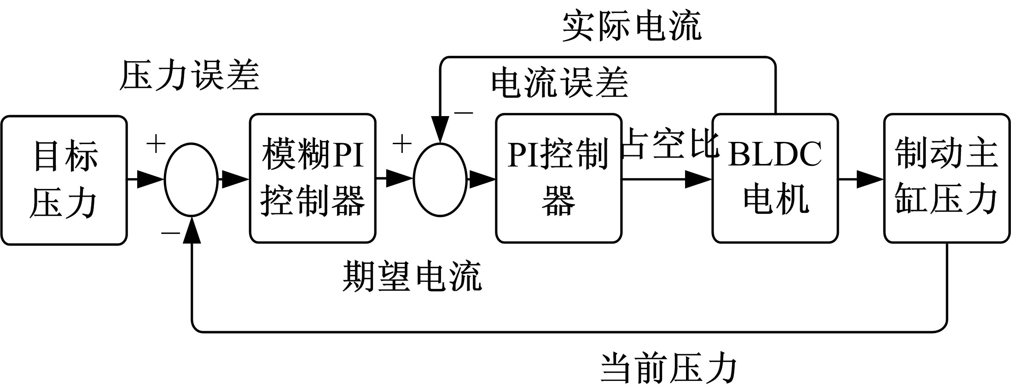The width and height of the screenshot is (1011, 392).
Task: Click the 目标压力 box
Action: pyautogui.click(x=64, y=180)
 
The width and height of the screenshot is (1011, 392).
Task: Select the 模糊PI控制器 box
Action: pyautogui.click(x=313, y=178)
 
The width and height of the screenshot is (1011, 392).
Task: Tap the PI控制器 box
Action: pyautogui.click(x=558, y=178)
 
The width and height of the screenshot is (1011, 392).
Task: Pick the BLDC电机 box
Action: pyautogui.click(x=775, y=178)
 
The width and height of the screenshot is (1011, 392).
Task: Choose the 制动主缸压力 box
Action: pyautogui.click(x=947, y=178)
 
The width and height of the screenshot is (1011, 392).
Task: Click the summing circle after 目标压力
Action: pyautogui.click(x=191, y=180)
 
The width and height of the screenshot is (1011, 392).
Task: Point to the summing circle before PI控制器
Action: pyautogui.click(x=440, y=180)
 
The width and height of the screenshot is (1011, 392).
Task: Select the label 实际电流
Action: pyautogui.click(x=632, y=27)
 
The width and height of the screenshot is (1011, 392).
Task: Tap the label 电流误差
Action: pyautogui.click(x=559, y=83)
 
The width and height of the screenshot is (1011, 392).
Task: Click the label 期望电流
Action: pyautogui.click(x=412, y=276)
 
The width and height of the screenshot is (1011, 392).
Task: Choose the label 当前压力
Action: pyautogui.click(x=668, y=369)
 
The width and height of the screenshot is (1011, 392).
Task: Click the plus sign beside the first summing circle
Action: pyautogui.click(x=156, y=144)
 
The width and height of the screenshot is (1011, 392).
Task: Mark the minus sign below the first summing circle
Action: pyautogui.click(x=170, y=233)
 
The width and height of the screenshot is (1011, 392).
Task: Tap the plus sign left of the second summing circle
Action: pyautogui.click(x=401, y=144)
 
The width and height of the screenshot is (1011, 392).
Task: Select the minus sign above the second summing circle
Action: pyautogui.click(x=463, y=112)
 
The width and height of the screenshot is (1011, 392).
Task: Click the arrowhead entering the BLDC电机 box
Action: pyautogui.click(x=698, y=179)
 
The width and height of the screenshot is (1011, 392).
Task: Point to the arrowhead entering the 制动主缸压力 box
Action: pyautogui.click(x=869, y=179)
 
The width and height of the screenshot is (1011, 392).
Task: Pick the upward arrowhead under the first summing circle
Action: pyautogui.click(x=192, y=229)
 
